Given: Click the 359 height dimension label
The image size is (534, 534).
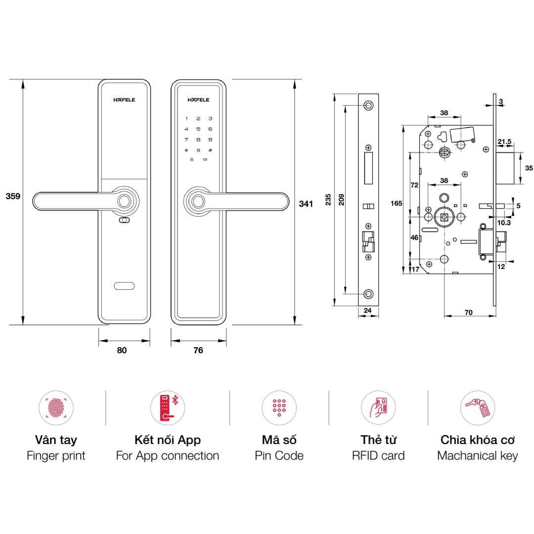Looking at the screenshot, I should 13,196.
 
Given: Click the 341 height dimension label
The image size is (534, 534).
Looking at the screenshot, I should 306,203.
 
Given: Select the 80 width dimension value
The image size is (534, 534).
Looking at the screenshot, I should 122,350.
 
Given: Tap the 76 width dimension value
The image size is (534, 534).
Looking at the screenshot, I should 198,350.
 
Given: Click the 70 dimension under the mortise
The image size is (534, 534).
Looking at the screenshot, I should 469,312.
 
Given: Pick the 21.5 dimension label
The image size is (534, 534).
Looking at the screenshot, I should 504,142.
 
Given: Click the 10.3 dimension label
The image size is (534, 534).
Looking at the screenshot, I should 504,223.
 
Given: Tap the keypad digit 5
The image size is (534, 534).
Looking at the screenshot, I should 198,129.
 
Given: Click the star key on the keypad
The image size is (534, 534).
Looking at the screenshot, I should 186,150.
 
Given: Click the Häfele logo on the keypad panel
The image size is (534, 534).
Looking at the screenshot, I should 198,100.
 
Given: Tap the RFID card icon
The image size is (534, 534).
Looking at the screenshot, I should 378,408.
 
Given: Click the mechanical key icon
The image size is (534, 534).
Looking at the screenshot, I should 477,408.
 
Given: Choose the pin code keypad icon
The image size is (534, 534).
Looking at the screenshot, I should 279,408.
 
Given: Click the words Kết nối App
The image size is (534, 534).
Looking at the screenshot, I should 167,440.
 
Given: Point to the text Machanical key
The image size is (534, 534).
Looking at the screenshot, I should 477,455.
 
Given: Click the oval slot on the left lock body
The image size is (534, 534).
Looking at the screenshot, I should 124,286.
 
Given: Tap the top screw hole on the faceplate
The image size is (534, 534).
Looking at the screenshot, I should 367,105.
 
